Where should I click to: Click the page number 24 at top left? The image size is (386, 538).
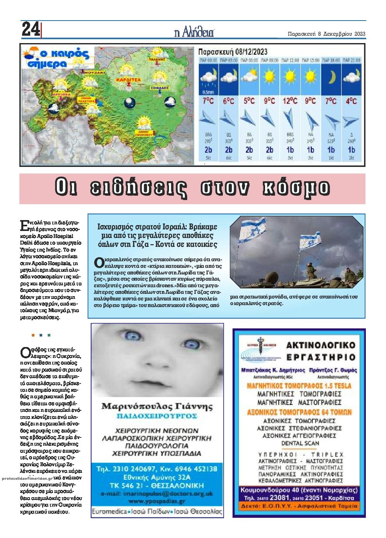click(x=30, y=29)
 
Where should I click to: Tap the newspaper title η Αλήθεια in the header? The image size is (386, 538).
click(x=194, y=33)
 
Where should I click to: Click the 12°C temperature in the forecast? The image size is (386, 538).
click(x=290, y=101)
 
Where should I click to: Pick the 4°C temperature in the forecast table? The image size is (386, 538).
click(x=351, y=101)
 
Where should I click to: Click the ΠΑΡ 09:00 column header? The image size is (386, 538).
click(x=270, y=60)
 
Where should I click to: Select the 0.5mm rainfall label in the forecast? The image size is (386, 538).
click(x=209, y=92)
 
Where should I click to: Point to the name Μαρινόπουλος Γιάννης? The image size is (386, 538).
click(x=157, y=406)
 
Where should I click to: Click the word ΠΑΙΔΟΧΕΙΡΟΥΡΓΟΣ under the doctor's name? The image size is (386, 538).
click(x=157, y=416)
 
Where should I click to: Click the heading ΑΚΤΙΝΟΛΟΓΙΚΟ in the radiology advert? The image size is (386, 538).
click(x=321, y=345)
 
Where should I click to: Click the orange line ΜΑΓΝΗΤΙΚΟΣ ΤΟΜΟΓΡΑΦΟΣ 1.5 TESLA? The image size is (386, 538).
click(x=299, y=386)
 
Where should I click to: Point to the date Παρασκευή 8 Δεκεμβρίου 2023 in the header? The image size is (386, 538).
click(x=327, y=34)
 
